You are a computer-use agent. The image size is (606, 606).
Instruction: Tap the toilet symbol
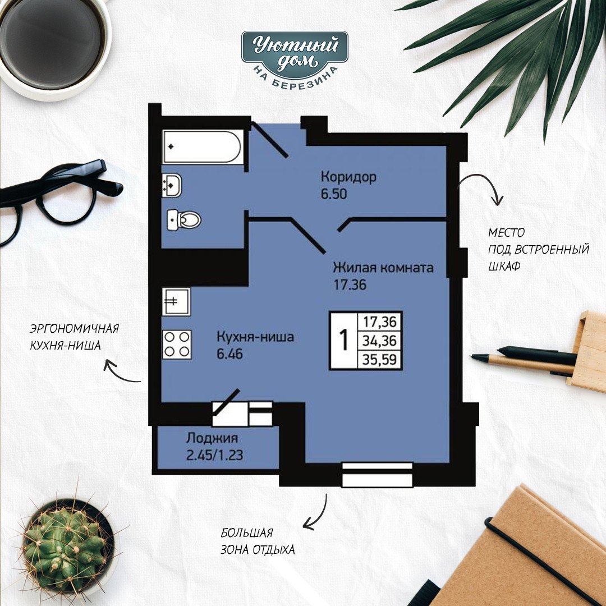[x=184, y=220]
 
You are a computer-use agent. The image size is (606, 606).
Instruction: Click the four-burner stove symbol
[x=177, y=345]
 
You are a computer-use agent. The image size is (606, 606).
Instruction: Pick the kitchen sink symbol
[x=176, y=301]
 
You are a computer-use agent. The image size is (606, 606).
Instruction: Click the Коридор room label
[x=348, y=177]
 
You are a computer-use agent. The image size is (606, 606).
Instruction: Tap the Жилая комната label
[x=383, y=268]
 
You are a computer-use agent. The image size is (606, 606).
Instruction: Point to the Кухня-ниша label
[x=255, y=337]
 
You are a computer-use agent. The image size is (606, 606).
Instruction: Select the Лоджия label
[x=212, y=438]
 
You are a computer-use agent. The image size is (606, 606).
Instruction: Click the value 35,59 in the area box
[x=379, y=360]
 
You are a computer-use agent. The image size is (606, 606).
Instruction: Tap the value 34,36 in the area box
[x=379, y=341]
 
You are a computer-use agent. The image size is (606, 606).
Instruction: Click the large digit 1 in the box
[x=343, y=340]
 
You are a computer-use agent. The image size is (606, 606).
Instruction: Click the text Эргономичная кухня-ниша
[x=74, y=337]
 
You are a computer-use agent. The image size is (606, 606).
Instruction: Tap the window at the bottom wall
[x=377, y=475]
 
